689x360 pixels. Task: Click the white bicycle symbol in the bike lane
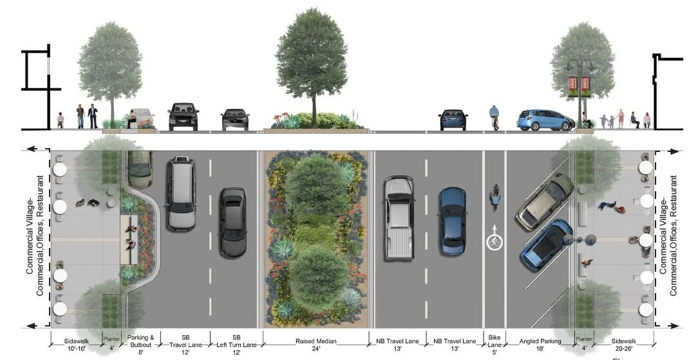[x=494, y=242]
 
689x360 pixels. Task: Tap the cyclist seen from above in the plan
[x=495, y=197]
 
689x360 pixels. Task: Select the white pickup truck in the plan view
[x=398, y=218]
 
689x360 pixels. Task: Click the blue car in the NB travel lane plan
[x=452, y=220]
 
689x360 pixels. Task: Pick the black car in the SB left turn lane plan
[x=232, y=222]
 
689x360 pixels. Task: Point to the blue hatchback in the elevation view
[x=544, y=120]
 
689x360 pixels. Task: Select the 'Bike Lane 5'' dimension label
[x=494, y=345]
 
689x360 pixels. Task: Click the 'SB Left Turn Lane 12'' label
[x=236, y=345]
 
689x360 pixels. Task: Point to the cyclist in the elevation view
[x=495, y=117]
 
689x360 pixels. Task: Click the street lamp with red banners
[x=580, y=87]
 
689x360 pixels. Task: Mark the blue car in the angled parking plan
[x=547, y=244]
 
